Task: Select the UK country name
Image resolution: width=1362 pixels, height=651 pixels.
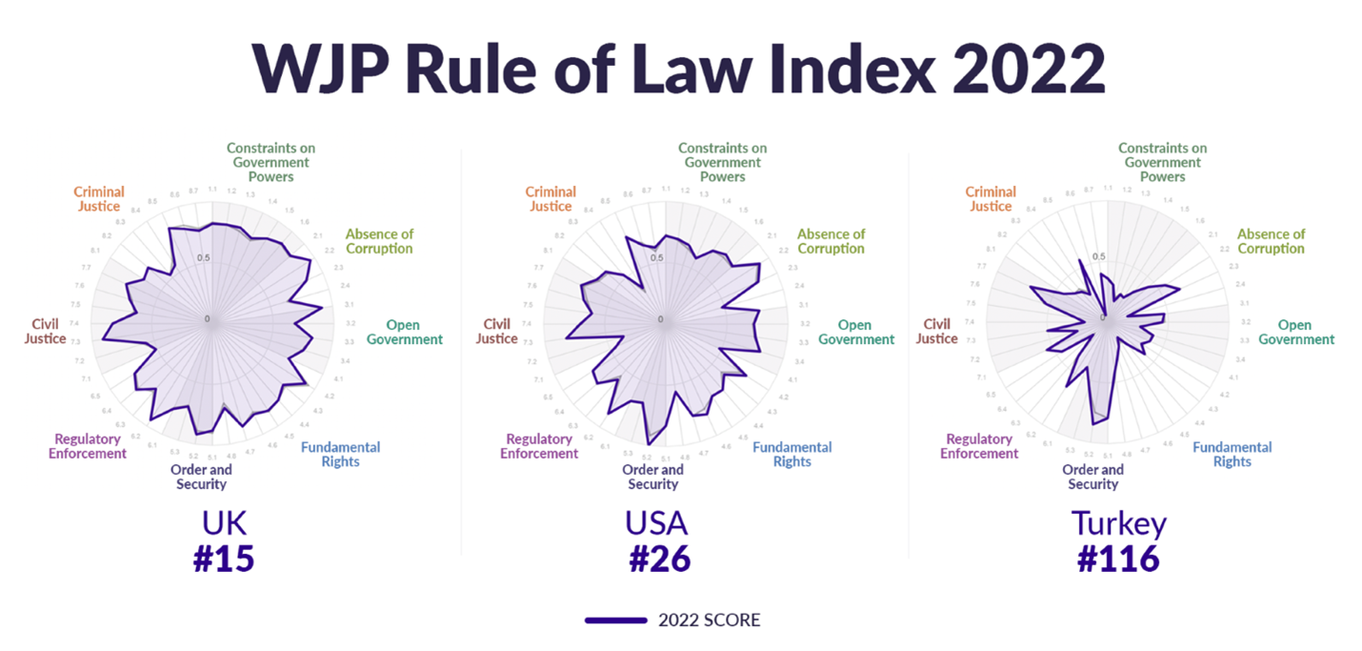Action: pyautogui.click(x=224, y=523)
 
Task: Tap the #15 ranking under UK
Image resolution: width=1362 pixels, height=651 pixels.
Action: pyautogui.click(x=224, y=559)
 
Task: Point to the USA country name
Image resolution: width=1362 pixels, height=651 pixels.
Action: pyautogui.click(x=656, y=523)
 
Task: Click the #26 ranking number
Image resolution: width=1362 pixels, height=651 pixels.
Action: pyautogui.click(x=659, y=559)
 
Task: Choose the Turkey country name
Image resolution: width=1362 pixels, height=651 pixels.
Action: pyautogui.click(x=1118, y=523)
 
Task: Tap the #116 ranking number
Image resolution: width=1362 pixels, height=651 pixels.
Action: pyautogui.click(x=1118, y=559)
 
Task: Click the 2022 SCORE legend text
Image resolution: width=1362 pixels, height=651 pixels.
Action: pyautogui.click(x=709, y=620)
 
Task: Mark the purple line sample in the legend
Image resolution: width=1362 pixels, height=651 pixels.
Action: pyautogui.click(x=615, y=620)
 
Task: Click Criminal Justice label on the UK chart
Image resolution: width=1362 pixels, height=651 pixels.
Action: pyautogui.click(x=99, y=199)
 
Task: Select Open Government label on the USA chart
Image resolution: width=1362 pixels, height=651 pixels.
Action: pyautogui.click(x=856, y=333)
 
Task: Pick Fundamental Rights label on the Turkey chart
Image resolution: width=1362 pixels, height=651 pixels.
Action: pyautogui.click(x=1232, y=455)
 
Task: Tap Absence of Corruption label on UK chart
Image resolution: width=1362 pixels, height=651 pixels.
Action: pyautogui.click(x=379, y=241)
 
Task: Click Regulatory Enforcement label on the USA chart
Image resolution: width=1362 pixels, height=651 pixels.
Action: pyautogui.click(x=539, y=446)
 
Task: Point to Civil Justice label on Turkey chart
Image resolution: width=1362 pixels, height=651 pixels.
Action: pyautogui.click(x=937, y=332)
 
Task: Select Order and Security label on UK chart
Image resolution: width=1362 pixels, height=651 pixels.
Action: pyautogui.click(x=201, y=477)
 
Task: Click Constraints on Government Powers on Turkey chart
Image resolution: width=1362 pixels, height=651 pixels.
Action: pyautogui.click(x=1162, y=162)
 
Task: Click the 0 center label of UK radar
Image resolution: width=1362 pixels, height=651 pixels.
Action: pyautogui.click(x=208, y=318)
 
